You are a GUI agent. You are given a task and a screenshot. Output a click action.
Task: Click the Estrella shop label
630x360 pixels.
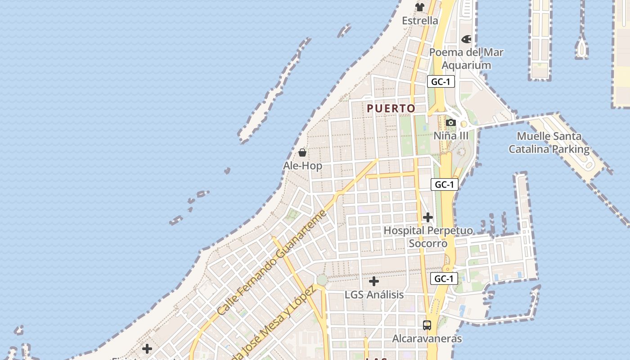pos(420,21)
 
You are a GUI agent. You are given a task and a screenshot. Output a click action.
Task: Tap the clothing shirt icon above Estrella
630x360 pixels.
pos(420,7)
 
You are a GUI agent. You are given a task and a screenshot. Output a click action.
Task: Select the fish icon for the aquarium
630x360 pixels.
pos(466,40)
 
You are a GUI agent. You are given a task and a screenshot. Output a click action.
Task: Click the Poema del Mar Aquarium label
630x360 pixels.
pos(466,58)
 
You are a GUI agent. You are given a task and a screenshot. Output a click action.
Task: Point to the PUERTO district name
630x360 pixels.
pos(391,108)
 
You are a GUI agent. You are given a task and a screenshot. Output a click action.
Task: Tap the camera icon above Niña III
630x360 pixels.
pos(450,122)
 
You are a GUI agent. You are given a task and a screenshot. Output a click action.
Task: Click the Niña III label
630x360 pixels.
pos(451,136)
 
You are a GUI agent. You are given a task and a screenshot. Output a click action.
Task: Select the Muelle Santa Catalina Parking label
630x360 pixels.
pos(549,143)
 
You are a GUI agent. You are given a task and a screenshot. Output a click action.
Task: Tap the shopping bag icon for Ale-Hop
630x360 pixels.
pos(302,153)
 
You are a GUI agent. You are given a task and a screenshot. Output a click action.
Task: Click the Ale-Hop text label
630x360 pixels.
pos(302,166)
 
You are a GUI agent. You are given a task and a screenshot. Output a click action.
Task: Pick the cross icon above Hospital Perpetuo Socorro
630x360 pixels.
pos(427,218)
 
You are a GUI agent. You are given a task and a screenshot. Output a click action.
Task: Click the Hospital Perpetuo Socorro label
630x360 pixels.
pos(428,237)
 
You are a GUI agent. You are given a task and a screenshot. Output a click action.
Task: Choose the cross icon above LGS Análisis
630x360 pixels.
pos(374,282)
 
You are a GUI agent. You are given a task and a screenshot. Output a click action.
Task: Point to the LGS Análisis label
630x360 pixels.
pos(374,295)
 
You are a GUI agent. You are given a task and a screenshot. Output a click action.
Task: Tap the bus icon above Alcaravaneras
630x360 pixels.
pos(427,325)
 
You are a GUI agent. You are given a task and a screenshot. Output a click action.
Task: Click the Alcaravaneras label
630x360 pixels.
pos(427,338)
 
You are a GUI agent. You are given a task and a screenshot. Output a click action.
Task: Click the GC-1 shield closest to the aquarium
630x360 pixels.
pos(441,82)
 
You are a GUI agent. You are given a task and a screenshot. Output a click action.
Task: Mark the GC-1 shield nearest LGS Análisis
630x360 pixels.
pos(444,279)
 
